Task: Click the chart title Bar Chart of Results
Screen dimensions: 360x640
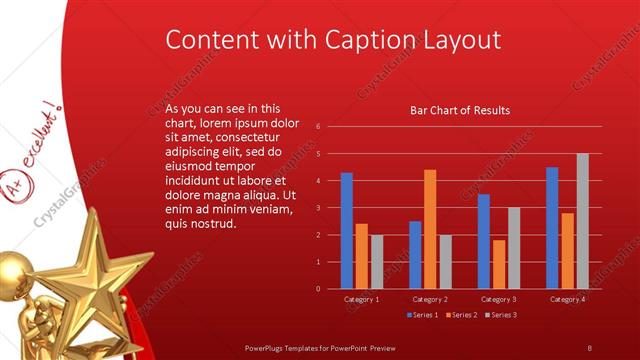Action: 461,110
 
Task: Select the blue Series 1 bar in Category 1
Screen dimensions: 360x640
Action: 346,230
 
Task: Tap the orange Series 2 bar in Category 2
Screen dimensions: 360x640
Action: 430,229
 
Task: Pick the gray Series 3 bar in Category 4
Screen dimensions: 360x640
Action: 582,221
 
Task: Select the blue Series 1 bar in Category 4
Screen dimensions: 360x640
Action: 552,227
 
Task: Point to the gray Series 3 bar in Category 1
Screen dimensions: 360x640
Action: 376,261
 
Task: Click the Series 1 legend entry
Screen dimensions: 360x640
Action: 425,315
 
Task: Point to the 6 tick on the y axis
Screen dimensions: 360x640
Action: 317,127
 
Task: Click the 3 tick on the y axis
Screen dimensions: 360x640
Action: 317,208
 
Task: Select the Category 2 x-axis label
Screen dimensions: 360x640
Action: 430,299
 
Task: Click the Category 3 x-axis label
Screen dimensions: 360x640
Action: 498,299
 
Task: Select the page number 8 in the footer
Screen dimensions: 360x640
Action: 590,347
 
